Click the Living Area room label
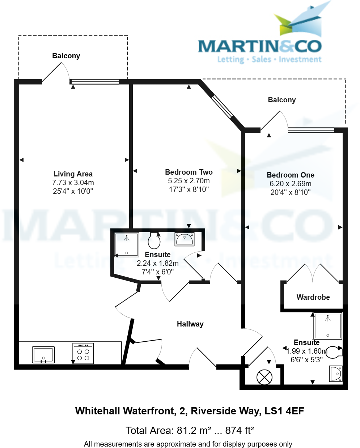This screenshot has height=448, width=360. pos(73,174)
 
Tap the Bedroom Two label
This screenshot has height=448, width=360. pos(189,172)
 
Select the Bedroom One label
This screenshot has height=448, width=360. pos(290,175)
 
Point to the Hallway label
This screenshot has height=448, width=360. pos(190,324)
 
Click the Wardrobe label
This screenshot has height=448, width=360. pos(313,297)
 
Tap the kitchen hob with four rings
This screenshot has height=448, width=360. pos(83,354)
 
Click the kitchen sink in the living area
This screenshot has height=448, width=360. pos(43,355)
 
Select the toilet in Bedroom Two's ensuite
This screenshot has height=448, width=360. pos(154,240)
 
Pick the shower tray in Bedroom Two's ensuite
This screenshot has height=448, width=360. pos(127,244)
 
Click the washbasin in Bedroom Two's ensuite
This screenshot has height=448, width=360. pos(185,239)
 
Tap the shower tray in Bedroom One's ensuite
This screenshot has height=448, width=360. pos(328,326)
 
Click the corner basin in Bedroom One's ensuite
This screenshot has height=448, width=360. pos(336,374)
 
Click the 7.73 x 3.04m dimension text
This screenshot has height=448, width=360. pos(73,183)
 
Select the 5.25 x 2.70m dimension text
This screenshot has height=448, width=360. pos(189,181)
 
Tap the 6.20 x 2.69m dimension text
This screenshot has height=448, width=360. pos(290,184)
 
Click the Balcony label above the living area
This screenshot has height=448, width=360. pos(66,56)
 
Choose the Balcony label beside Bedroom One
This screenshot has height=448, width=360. pos(281,100)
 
